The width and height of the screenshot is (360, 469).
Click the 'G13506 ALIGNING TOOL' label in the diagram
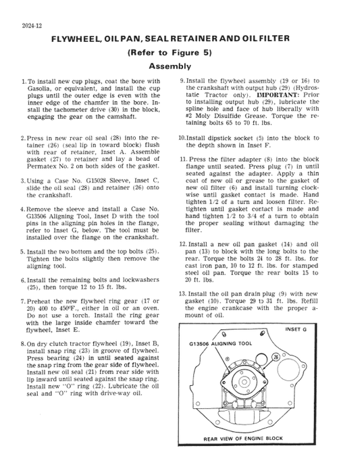[x=223, y=343]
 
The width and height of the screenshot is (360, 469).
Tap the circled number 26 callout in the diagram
[x=276, y=356]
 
